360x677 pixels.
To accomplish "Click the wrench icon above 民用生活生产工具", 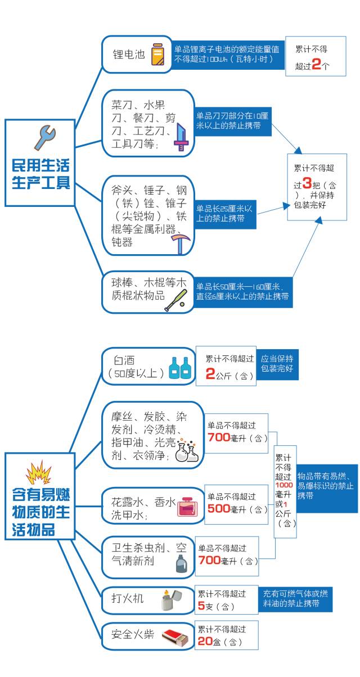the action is [44, 138].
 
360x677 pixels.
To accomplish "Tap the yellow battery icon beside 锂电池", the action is [157, 55].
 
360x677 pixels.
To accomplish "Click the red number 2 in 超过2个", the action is [316, 64].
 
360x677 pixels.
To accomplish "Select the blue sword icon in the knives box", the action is [181, 137].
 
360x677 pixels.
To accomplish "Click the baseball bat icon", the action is [175, 300].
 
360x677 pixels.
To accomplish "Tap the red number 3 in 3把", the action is [307, 183].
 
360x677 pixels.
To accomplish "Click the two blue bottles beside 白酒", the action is [180, 368].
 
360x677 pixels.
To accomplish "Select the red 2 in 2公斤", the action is [210, 373].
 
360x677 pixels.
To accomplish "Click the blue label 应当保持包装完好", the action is [277, 364].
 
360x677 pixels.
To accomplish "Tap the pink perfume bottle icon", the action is [188, 507].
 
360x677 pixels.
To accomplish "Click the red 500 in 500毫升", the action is [219, 508].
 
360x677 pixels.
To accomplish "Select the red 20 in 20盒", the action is [205, 641].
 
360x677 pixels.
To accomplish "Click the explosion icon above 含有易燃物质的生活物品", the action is [38, 473].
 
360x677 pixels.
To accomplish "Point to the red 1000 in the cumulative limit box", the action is [284, 485].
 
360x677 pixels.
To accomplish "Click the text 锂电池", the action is [129, 55].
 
